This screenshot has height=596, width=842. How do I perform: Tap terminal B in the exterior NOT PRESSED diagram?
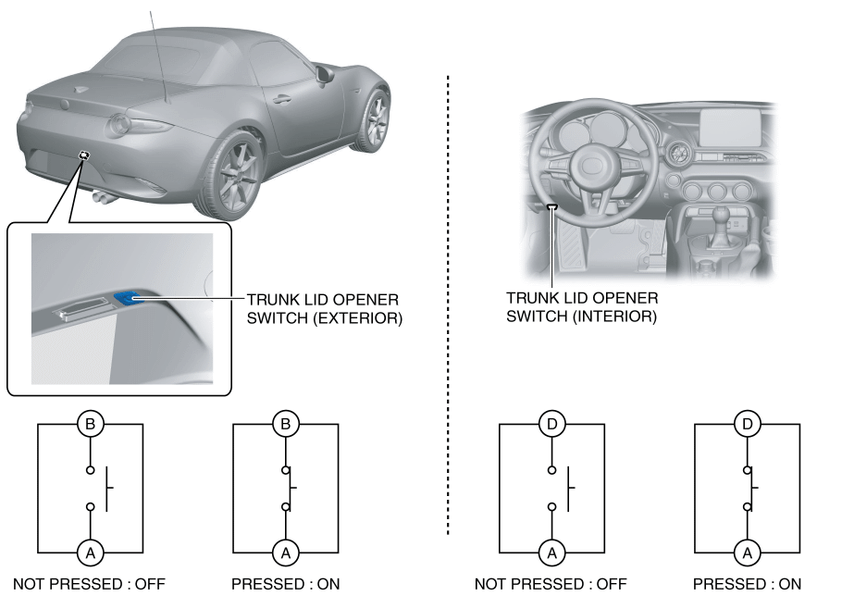point(91,425)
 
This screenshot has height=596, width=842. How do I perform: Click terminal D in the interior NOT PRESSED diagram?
point(552,425)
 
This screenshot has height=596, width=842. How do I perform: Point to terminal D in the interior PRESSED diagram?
point(747,425)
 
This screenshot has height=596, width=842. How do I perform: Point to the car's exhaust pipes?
point(103,195)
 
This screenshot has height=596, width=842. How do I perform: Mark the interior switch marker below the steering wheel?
point(552,207)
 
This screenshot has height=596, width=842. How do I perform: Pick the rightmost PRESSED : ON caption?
point(748,584)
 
